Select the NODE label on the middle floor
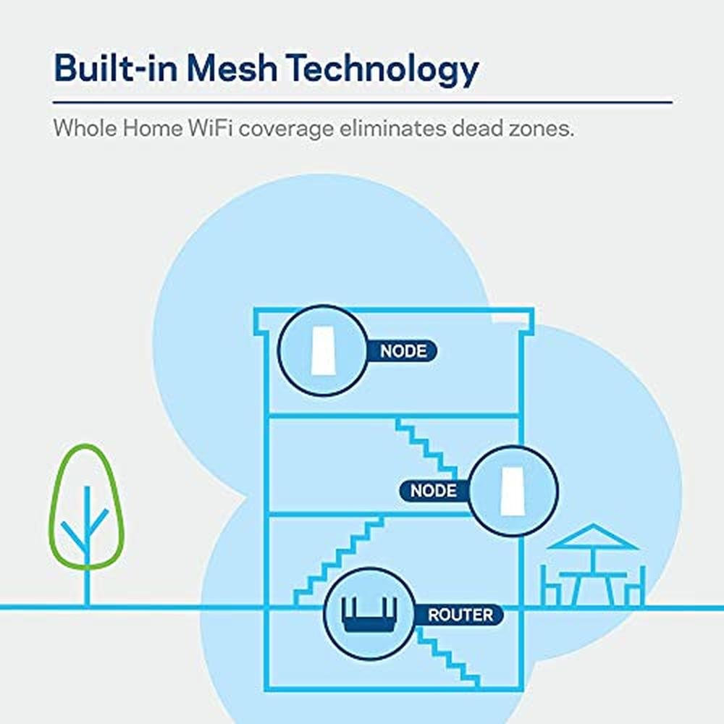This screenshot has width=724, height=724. (434, 491)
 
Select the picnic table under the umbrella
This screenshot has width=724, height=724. (592, 579)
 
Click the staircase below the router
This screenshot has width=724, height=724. (449, 655)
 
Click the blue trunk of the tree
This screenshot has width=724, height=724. (87, 565)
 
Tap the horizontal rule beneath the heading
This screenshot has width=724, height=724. (362, 102)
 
